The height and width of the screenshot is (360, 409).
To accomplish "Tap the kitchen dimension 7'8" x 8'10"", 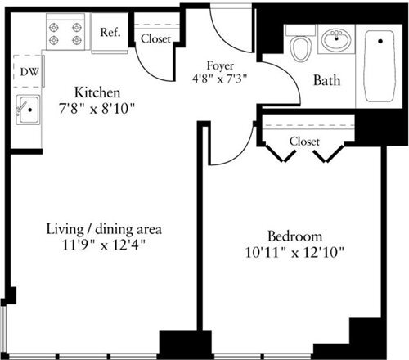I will pos(99,107).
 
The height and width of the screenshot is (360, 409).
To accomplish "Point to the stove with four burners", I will pos(66,33).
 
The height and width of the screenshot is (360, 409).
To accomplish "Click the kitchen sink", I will pos(28,110).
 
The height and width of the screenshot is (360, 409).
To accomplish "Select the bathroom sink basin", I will pos(335,40).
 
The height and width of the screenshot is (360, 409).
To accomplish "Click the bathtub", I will pos(380,65).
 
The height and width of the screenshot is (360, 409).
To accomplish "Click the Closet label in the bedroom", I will pos(303,142).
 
